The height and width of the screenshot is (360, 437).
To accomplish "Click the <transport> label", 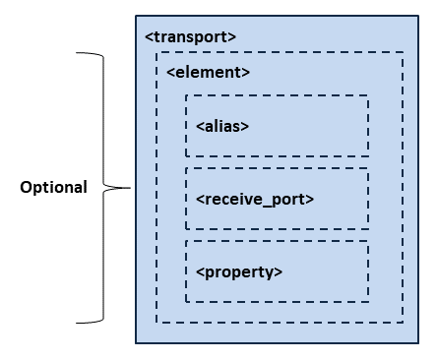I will pos(190,37).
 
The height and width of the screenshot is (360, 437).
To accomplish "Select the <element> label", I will pos(208,72).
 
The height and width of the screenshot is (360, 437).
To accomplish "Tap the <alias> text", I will pos(222,126).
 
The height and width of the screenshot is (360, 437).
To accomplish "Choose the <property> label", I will pos(239,270).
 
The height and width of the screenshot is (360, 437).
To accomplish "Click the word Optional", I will pos(54,187).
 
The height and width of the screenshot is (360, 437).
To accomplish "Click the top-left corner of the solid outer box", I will pos(136,18).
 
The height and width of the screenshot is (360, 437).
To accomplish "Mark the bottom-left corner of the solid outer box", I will pos(136,343).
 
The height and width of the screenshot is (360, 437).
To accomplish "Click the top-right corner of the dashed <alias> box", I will pos(368,96).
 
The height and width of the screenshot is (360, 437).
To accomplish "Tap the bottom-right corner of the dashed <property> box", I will pos(368,300).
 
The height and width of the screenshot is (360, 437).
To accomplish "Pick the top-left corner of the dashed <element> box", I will pos(157,53).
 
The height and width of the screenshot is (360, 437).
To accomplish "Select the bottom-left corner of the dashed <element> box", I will pos(157,322).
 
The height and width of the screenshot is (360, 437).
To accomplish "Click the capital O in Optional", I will pos(27,187).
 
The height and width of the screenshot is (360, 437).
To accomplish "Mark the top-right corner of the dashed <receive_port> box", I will pos(368,168).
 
